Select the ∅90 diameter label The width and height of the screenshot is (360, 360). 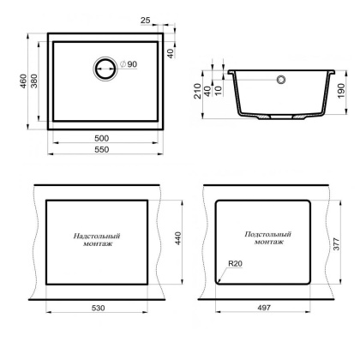point(128,66)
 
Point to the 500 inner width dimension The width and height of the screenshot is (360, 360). point(103,138)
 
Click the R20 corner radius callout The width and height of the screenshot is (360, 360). point(236,265)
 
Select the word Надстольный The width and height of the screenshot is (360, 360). point(96,236)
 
